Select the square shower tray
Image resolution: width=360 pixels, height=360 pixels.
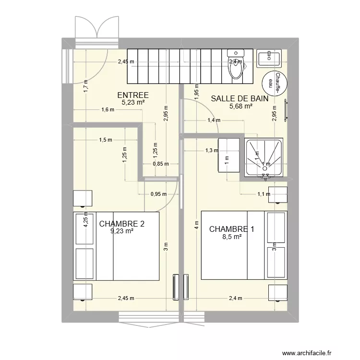[264, 158]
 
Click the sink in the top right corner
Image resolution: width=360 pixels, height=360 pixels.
[269, 58]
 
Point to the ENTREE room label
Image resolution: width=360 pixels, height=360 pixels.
[133, 95]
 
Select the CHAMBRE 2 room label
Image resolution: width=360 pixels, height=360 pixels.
[121, 224]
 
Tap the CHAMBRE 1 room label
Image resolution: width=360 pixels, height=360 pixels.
[231, 229]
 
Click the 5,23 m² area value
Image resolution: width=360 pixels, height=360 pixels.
[133, 102]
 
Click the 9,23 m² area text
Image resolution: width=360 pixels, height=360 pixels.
[121, 231]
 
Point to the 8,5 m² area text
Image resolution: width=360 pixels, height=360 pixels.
[231, 236]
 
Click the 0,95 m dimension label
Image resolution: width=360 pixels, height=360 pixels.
[158, 194]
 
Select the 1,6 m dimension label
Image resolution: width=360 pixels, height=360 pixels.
[108, 109]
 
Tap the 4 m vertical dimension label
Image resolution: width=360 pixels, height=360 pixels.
[196, 225]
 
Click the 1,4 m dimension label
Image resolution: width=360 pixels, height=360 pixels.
[214, 120]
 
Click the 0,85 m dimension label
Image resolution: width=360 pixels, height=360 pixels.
[160, 163]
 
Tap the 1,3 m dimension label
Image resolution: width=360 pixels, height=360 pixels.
[211, 150]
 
